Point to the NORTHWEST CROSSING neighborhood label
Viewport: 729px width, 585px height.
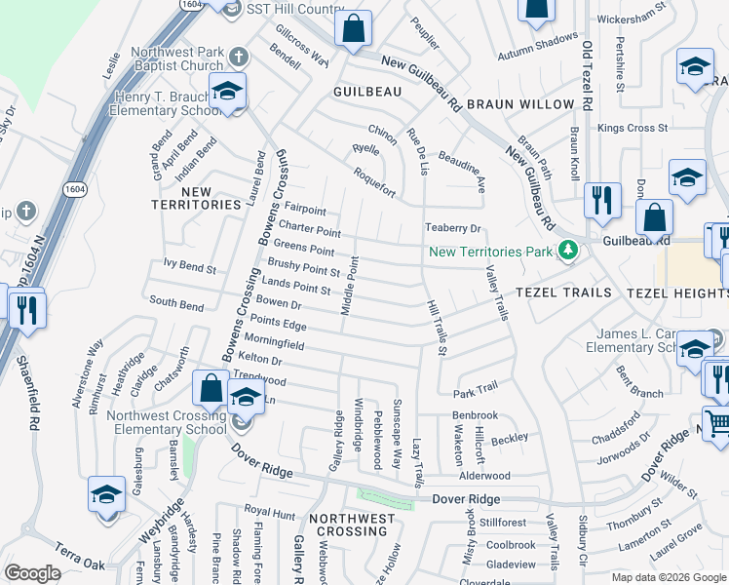[351, 525]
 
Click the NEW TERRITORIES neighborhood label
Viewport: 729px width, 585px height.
[197, 198]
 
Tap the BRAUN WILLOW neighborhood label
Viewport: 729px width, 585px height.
[520, 104]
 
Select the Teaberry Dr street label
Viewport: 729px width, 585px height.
[453, 228]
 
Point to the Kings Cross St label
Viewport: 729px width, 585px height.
[633, 128]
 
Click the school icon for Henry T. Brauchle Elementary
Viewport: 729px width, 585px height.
[227, 92]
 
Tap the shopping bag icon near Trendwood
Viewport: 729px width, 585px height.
[211, 389]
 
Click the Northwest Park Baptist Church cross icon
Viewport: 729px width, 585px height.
[237, 57]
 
